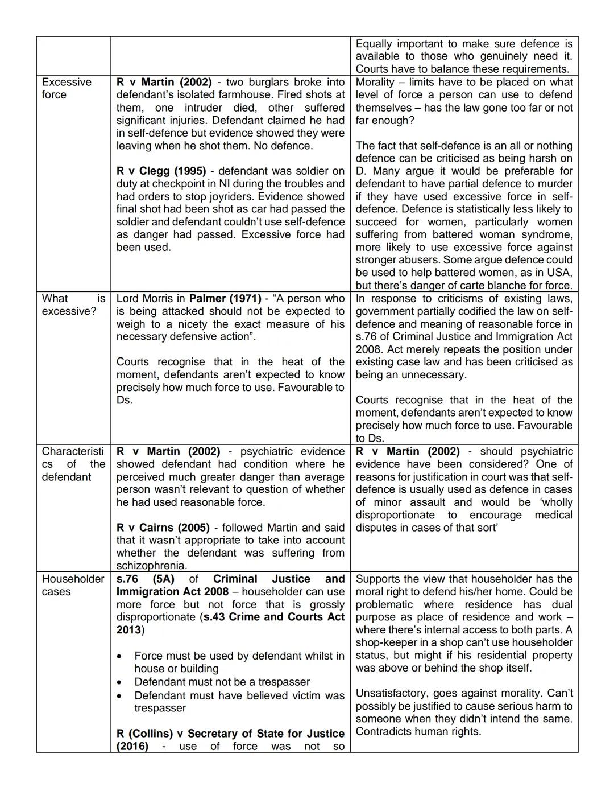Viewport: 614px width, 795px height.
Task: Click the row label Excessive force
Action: pos(66,88)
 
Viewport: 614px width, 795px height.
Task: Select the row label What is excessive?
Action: pos(73,304)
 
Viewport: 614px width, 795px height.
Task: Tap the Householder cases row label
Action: pos(73,585)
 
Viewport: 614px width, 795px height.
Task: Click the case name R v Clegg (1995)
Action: pos(161,171)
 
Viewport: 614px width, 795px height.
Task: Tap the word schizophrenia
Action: pos(151,566)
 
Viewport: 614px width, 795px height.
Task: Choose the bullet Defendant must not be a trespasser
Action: pos(222,682)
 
